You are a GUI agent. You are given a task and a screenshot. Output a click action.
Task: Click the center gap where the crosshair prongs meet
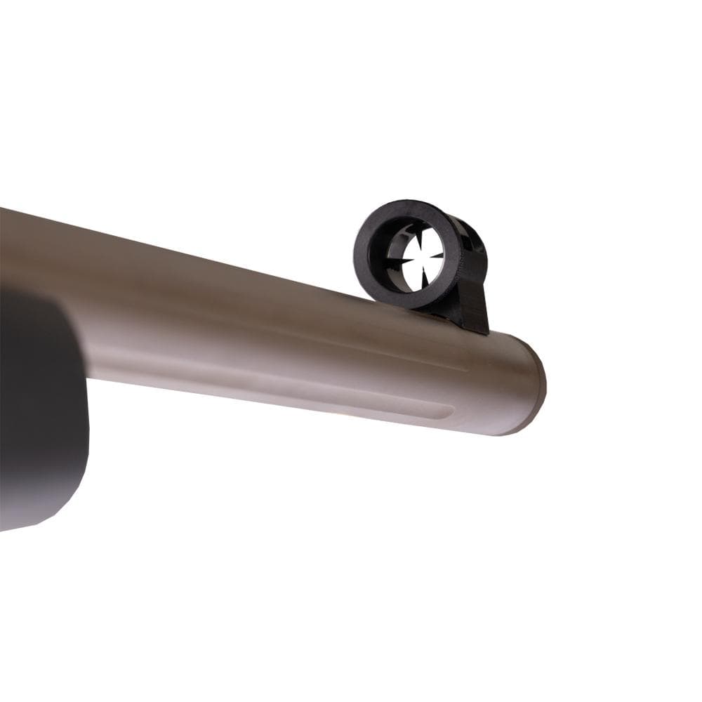coord(420,256)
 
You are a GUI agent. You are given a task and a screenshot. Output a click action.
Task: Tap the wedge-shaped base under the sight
coord(472,309)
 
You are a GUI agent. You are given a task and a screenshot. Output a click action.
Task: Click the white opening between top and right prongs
coord(430,242)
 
